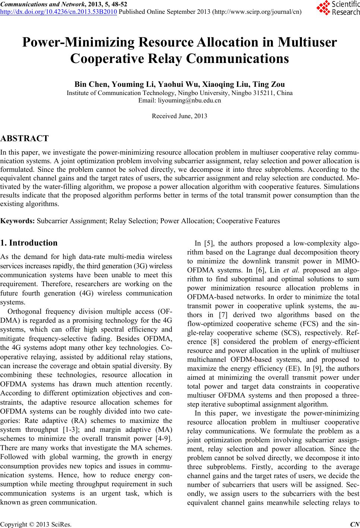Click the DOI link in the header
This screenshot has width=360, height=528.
59,11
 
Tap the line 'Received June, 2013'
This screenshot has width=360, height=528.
180,116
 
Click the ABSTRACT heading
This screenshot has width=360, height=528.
25,139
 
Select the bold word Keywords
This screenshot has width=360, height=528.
18,221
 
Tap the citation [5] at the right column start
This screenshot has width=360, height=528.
209,244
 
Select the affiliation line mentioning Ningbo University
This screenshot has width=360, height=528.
180,93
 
